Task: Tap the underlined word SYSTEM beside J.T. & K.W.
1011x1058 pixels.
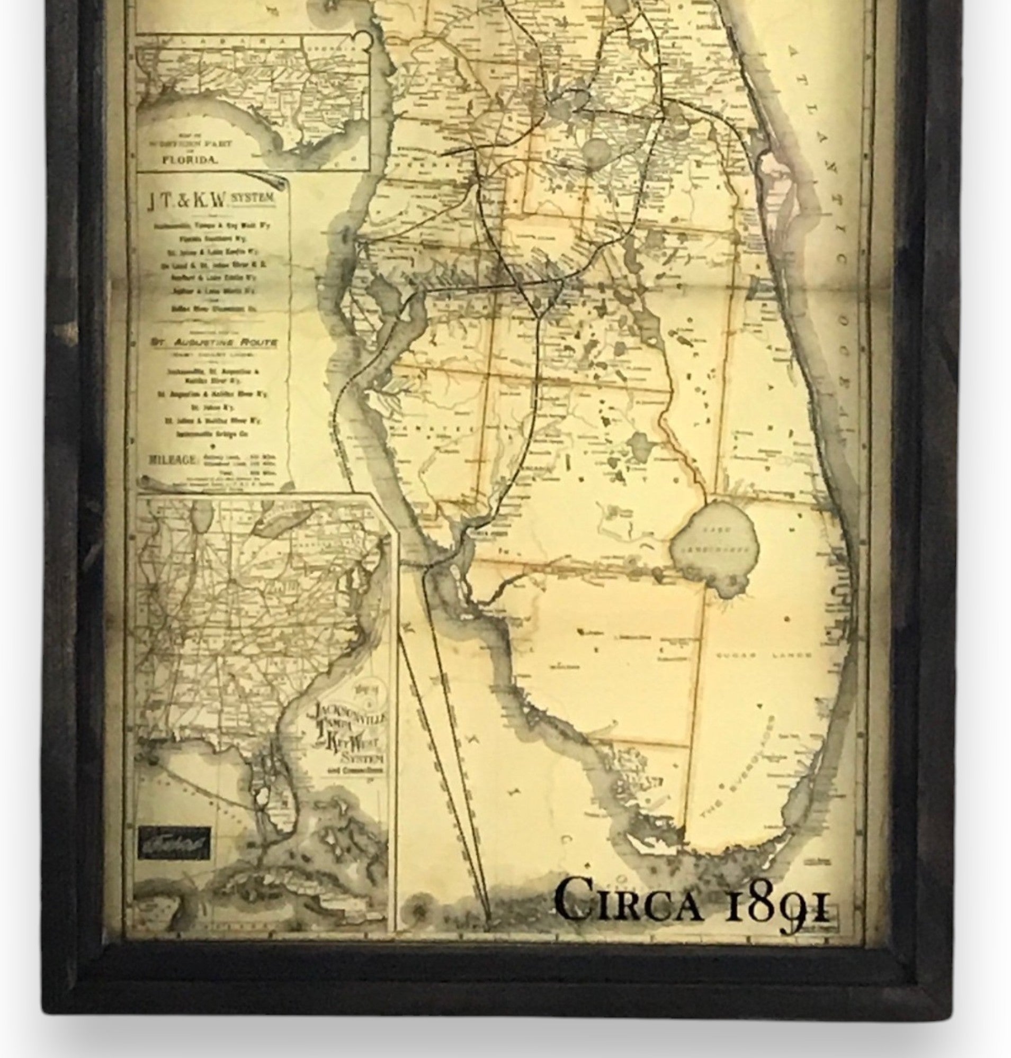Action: coord(253,198)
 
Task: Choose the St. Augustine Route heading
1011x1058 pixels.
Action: coord(214,342)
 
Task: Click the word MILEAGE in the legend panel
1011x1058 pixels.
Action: coord(174,459)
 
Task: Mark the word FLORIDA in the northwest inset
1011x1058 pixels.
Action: coord(190,160)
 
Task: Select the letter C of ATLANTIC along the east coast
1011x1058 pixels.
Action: coord(842,259)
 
